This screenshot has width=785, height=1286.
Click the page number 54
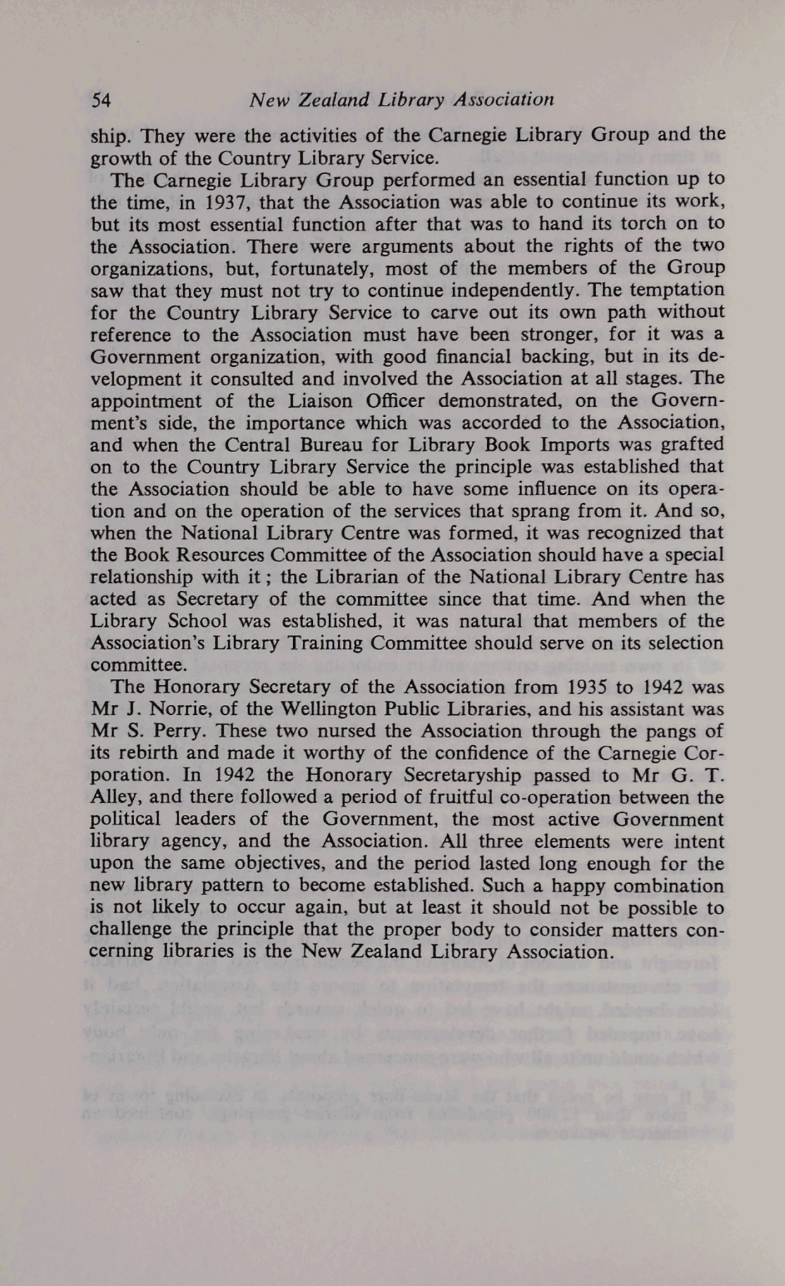tap(101, 100)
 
